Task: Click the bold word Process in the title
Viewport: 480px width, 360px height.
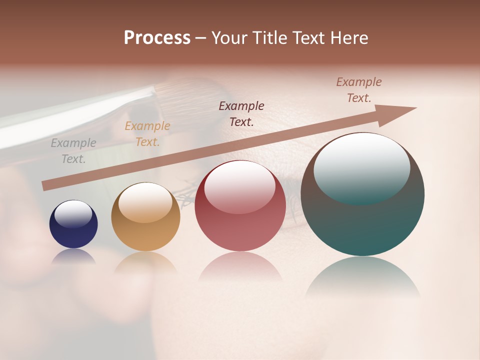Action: point(157,38)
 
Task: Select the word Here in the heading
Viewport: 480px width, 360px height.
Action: point(349,38)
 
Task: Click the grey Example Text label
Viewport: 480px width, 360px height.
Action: point(73,151)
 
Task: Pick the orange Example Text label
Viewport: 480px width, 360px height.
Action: point(147,134)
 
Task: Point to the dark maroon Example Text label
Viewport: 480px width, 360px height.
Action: point(241,113)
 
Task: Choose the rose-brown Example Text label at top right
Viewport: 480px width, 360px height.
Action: point(359,90)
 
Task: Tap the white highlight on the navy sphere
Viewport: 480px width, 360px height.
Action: point(73,213)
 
